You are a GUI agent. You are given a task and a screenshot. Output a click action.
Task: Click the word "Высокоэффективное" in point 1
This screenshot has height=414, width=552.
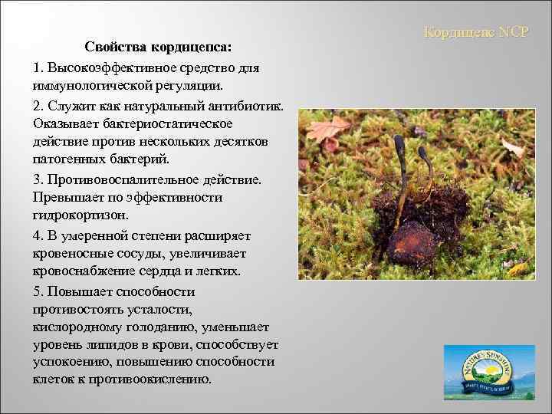click(x=113, y=67)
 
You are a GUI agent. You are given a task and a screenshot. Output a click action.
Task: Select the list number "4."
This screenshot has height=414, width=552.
click(x=39, y=235)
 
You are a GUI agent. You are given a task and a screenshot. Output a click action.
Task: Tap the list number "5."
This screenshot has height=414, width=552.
click(x=39, y=291)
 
